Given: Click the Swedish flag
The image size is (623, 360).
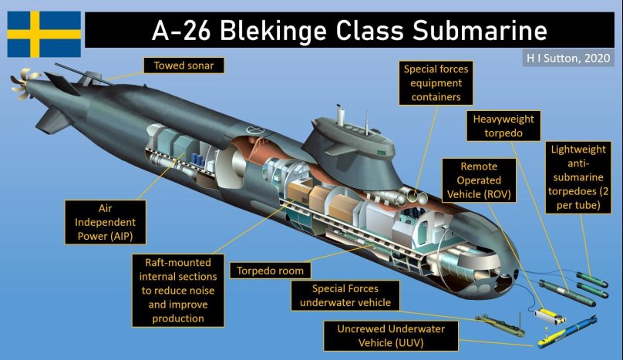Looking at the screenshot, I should point(44,33).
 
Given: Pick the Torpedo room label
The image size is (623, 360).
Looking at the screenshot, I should point(274,271).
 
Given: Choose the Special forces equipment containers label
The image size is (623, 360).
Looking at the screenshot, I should point(436,83).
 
